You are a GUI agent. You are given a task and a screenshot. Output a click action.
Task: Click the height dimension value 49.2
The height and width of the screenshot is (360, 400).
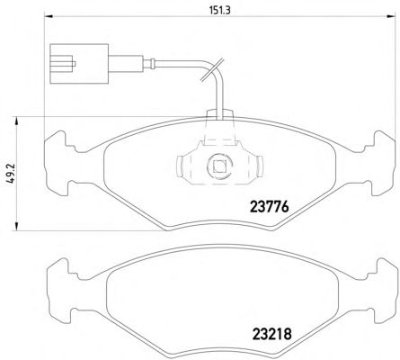[x=11, y=174]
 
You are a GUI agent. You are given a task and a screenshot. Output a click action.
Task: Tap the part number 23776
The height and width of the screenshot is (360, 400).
[x=270, y=206]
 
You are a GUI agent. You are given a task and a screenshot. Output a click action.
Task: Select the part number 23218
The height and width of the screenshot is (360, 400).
[x=272, y=334]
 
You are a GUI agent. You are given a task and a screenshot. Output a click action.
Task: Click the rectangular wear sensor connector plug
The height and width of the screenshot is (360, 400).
[x=79, y=64]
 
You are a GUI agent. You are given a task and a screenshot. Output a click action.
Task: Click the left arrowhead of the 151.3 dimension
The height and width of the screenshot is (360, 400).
[x=49, y=17]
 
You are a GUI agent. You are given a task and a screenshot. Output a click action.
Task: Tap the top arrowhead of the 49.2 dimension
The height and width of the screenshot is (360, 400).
[x=17, y=121]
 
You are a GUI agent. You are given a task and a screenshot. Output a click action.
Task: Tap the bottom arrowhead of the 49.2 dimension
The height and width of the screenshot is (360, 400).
[x=17, y=227]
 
